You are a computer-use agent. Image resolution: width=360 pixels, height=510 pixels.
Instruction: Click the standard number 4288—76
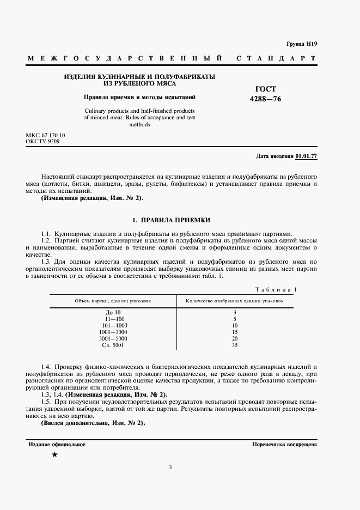tap(265, 99)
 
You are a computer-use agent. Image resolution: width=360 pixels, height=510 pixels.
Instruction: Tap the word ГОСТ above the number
tap(265, 89)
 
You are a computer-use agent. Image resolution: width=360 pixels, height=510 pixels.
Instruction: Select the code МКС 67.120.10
tap(45, 135)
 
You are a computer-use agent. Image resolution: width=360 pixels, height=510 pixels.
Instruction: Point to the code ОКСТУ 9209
tap(42, 141)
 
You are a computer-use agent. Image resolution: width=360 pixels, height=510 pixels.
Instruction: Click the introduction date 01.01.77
tap(306, 156)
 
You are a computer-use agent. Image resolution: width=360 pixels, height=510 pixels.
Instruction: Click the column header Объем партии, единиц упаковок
tap(113, 301)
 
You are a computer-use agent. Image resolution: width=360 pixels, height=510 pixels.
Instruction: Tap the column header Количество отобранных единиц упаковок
tap(234, 301)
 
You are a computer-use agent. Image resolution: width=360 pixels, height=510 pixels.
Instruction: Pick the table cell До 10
tap(113, 312)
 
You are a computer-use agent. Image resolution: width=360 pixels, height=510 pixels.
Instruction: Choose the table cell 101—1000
tap(113, 325)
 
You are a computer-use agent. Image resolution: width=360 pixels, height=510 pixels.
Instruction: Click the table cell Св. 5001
tap(113, 345)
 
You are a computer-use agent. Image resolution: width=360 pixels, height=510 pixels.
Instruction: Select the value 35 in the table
tap(234, 345)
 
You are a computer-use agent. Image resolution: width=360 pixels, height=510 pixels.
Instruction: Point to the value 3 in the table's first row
tap(234, 312)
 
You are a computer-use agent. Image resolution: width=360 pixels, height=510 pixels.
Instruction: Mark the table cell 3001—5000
tap(113, 338)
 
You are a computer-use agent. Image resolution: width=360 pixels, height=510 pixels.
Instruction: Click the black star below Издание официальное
tap(54, 454)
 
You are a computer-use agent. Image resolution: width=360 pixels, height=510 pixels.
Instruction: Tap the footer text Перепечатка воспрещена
tap(284, 445)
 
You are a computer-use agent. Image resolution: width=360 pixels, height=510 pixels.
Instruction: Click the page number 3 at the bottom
tap(170, 467)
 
